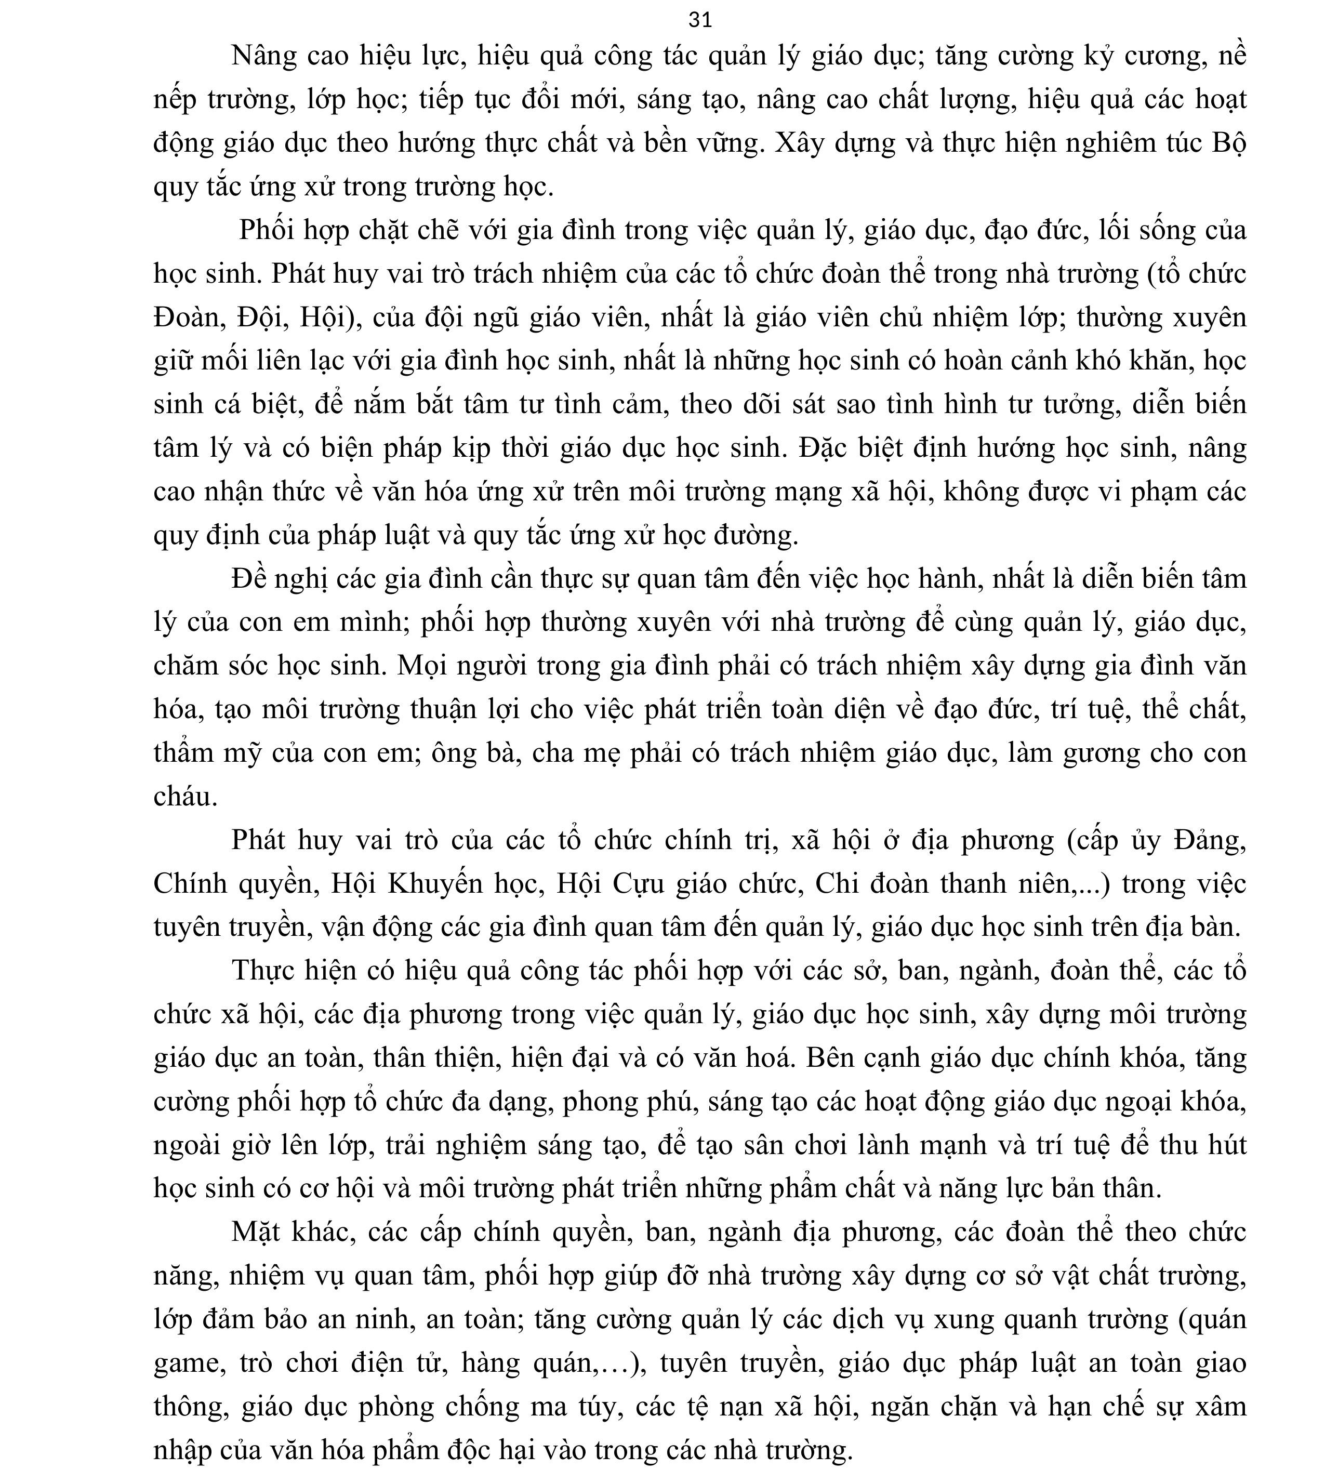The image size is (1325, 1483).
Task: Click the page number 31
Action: click(699, 20)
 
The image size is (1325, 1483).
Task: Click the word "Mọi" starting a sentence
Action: click(419, 666)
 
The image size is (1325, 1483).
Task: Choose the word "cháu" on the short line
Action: click(183, 797)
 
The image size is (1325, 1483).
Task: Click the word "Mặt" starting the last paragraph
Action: click(258, 1232)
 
